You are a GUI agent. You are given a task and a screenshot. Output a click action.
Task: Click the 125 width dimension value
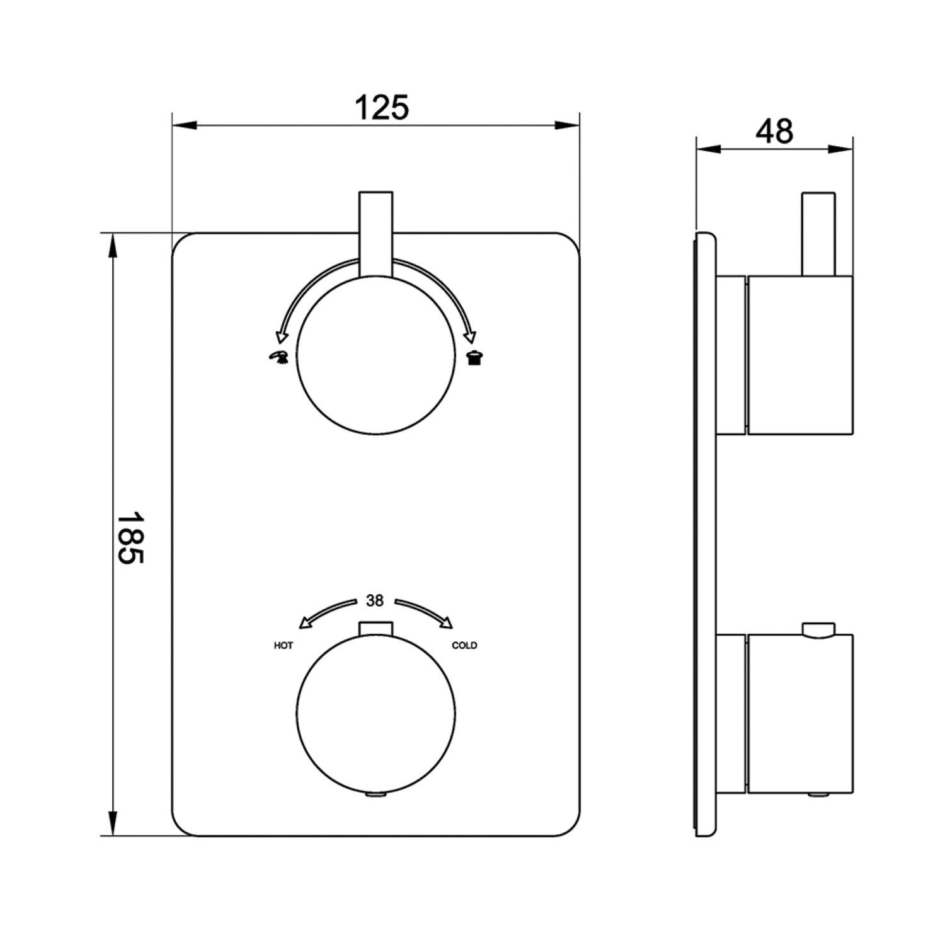pos(382,108)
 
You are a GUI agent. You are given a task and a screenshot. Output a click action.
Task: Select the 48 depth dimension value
pos(774,132)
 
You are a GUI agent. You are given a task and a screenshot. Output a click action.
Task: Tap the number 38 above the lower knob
pos(375,601)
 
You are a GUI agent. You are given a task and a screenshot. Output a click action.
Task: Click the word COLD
pos(464,646)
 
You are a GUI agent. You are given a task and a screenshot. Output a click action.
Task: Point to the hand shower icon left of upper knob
pos(278,357)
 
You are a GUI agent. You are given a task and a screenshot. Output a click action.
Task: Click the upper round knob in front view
pos(375,356)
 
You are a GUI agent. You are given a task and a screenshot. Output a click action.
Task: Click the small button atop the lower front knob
pos(375,629)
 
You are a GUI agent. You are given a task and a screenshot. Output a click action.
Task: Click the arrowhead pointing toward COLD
pos(447,624)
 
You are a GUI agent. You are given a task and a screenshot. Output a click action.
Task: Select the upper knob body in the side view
pos(799,355)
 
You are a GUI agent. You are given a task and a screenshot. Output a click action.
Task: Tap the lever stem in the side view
pos(818,234)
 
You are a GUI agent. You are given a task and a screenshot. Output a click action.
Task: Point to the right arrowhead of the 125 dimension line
pos(568,125)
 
